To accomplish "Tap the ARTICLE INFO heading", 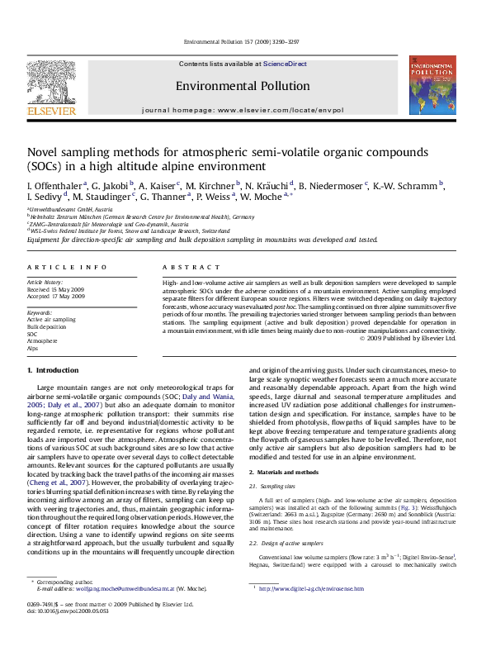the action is tap(67, 268).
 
